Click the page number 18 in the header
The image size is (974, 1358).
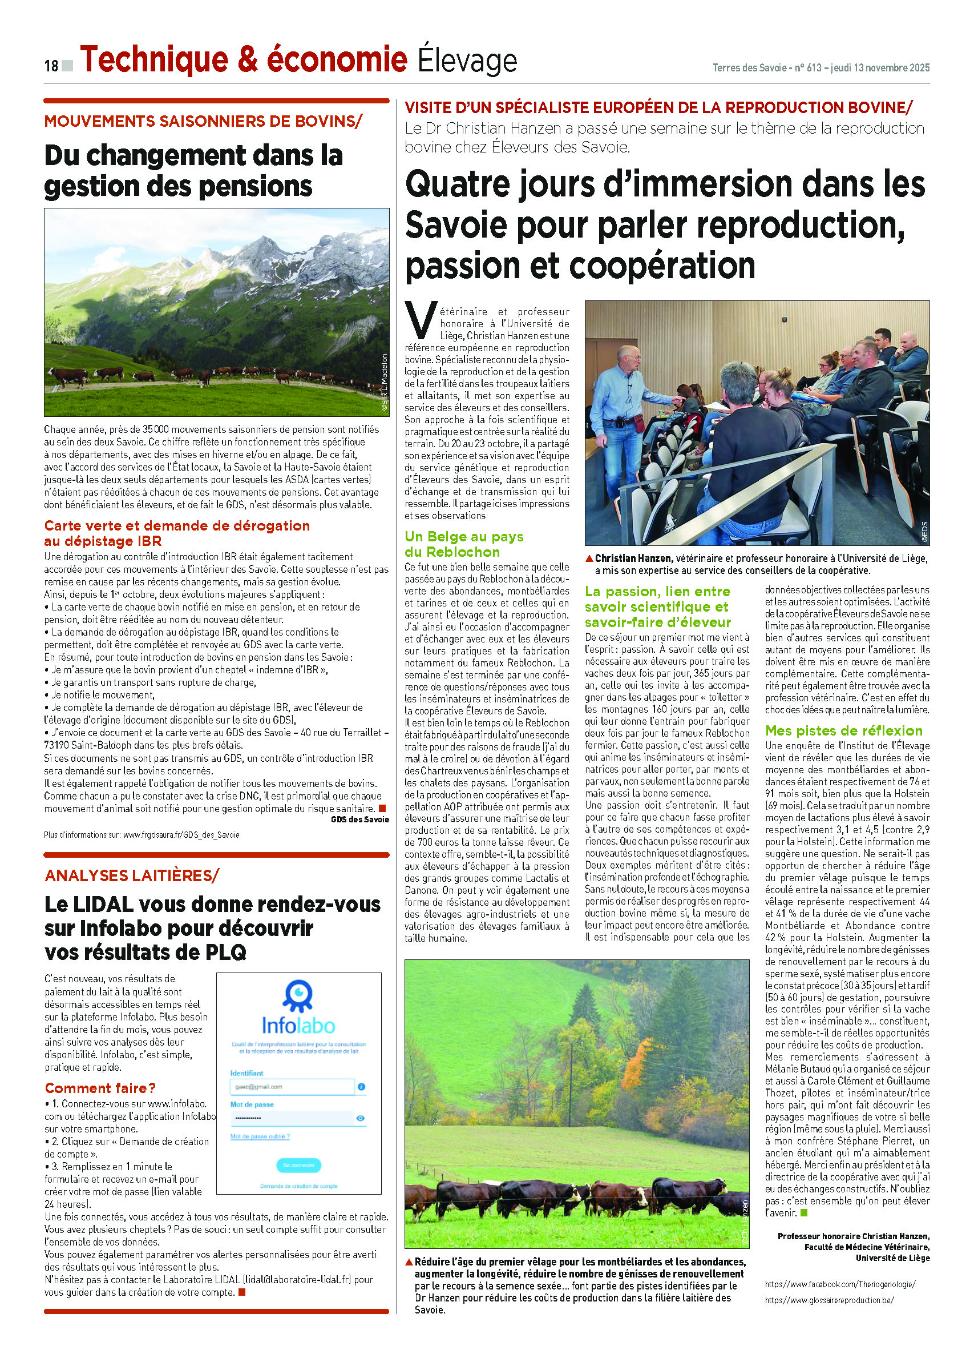(x=51, y=65)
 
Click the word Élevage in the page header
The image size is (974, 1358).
(x=467, y=61)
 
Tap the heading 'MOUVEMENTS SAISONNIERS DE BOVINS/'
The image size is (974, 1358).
(x=203, y=121)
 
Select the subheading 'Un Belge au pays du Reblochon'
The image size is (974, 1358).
(x=464, y=544)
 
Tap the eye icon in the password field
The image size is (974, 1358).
(x=360, y=1118)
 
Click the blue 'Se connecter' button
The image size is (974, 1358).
(x=298, y=1165)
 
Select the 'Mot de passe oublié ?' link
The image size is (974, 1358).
(x=260, y=1136)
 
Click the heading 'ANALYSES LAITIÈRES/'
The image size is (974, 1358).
(x=132, y=875)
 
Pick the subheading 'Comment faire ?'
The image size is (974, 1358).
(x=100, y=1088)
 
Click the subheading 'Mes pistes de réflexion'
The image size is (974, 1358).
(x=843, y=730)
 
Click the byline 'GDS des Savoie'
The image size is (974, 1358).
(x=359, y=819)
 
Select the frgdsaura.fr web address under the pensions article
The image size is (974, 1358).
(x=181, y=835)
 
